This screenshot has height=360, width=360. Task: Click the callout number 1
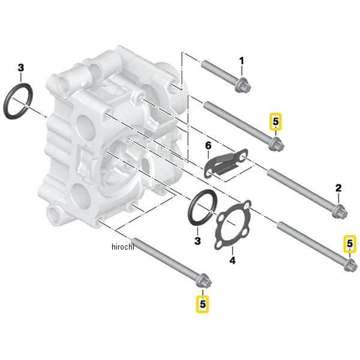tap(241, 61)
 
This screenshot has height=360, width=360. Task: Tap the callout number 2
tap(338, 188)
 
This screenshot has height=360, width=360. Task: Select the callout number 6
tap(208, 145)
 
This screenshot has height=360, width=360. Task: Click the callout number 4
tap(232, 260)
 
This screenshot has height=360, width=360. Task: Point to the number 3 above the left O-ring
tap(20, 68)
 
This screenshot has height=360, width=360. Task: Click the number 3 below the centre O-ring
tap(197, 241)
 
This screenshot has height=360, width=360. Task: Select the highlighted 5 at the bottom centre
tap(203, 304)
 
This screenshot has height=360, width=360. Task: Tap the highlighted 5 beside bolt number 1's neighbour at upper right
tap(275, 121)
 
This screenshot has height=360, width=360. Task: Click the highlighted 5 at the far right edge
tap(350, 244)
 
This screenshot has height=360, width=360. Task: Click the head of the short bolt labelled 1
tap(243, 85)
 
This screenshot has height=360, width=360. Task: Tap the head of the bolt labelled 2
tap(340, 211)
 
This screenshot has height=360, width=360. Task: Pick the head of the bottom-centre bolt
tap(203, 280)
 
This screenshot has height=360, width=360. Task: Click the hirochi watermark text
tap(122, 247)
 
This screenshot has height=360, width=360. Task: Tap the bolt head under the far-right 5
tap(350, 265)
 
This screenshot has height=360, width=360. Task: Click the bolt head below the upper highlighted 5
tap(277, 143)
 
